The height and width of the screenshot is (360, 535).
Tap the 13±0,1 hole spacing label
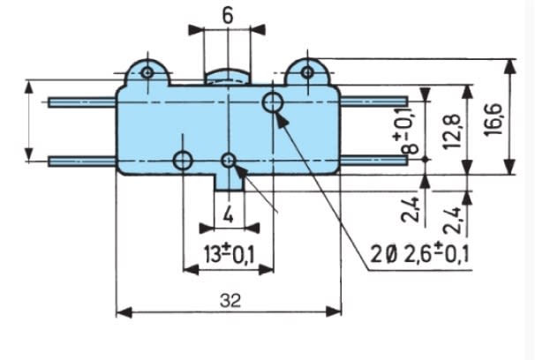point(228,255)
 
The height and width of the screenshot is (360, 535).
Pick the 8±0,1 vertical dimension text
point(409,131)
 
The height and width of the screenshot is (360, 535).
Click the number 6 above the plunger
point(228,17)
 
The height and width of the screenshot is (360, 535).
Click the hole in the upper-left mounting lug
point(147,71)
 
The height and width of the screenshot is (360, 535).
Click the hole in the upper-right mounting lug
point(307,71)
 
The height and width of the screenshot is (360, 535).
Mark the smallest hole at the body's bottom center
point(229,161)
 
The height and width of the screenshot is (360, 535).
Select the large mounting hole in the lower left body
point(183,161)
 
